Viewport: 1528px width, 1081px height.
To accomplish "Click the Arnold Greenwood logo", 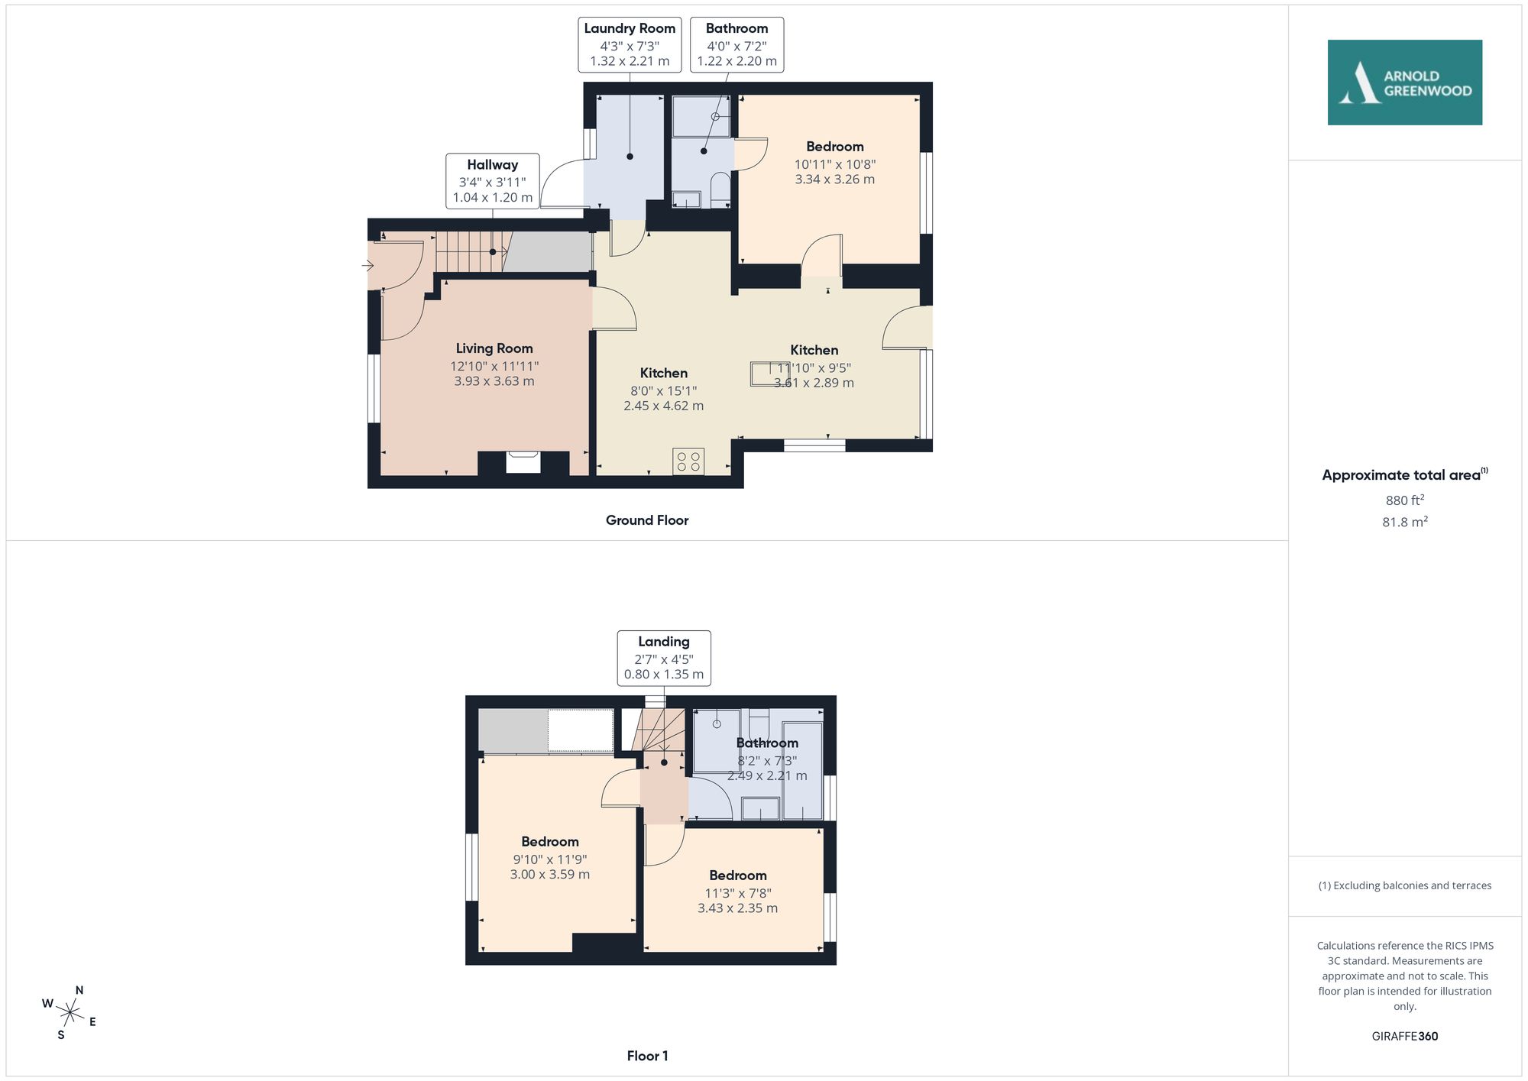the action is [1404, 83].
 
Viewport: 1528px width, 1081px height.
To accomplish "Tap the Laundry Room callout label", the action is [630, 45].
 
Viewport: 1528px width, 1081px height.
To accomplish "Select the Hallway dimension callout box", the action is [493, 181].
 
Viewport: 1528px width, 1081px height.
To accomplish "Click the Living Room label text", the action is [494, 348].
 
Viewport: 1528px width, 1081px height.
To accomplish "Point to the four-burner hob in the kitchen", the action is [688, 461].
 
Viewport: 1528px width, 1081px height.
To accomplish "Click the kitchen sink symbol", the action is [769, 374].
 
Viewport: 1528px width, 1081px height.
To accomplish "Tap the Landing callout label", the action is [664, 658].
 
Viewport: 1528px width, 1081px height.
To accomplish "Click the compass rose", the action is [70, 1013].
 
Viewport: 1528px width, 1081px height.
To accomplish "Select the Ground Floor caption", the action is [647, 520].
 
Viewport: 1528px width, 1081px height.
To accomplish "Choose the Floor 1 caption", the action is [647, 1056].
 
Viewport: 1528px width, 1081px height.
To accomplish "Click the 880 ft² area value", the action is [1405, 500].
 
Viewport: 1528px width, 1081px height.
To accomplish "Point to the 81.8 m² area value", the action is [1405, 522].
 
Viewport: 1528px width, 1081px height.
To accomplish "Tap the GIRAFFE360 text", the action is [1405, 1036].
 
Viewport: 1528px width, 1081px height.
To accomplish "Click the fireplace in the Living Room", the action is [523, 463].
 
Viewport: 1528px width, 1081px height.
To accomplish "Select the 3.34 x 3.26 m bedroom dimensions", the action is [835, 180].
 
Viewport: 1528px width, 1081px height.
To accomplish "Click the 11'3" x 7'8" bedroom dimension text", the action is [738, 893].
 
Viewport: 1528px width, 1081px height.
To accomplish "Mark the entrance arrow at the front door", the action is [367, 266].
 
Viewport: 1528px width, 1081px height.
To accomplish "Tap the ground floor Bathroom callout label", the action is [737, 45].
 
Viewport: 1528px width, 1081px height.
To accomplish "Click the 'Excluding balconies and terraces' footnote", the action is [1405, 885].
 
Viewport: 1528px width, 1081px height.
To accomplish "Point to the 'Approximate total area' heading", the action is [1405, 474].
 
